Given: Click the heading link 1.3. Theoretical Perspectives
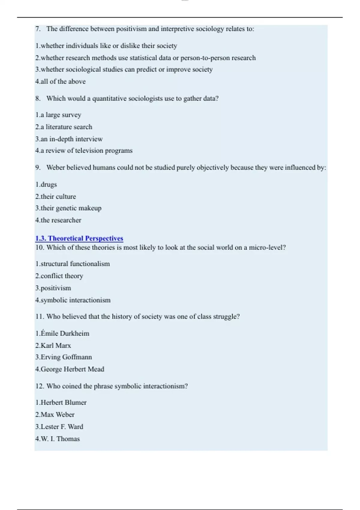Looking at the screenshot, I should point(79,238).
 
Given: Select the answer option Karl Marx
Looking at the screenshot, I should point(53,345).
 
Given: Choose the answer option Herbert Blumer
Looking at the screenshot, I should point(61,402).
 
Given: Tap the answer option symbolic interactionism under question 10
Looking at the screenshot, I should point(73,300).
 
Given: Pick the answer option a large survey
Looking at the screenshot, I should point(58,115).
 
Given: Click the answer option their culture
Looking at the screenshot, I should point(56,196).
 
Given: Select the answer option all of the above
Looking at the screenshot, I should point(61,81).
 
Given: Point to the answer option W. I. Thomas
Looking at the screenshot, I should point(58,439).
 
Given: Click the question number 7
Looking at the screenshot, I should point(38,29).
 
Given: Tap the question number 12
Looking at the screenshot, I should point(40,386).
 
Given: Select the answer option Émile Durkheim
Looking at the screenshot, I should point(62,333).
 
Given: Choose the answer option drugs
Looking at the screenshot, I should point(46,184).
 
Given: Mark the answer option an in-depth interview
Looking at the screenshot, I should point(69,139).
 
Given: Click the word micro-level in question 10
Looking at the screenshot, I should point(267,247).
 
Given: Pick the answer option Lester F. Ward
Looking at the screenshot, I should point(59,427).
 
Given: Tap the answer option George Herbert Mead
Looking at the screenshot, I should point(70,369).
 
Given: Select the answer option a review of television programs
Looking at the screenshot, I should point(84,150).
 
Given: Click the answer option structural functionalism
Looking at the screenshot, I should point(73,264).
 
